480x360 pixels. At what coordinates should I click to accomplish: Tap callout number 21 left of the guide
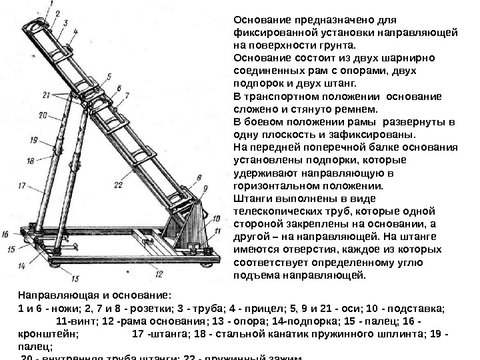(x=45, y=95)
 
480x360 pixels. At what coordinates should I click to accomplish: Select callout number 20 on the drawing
(x=41, y=115)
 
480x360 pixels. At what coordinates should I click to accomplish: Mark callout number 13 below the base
(x=75, y=279)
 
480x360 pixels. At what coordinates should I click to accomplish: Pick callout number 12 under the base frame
(x=159, y=273)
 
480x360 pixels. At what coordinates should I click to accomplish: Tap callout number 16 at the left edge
(x=6, y=234)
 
